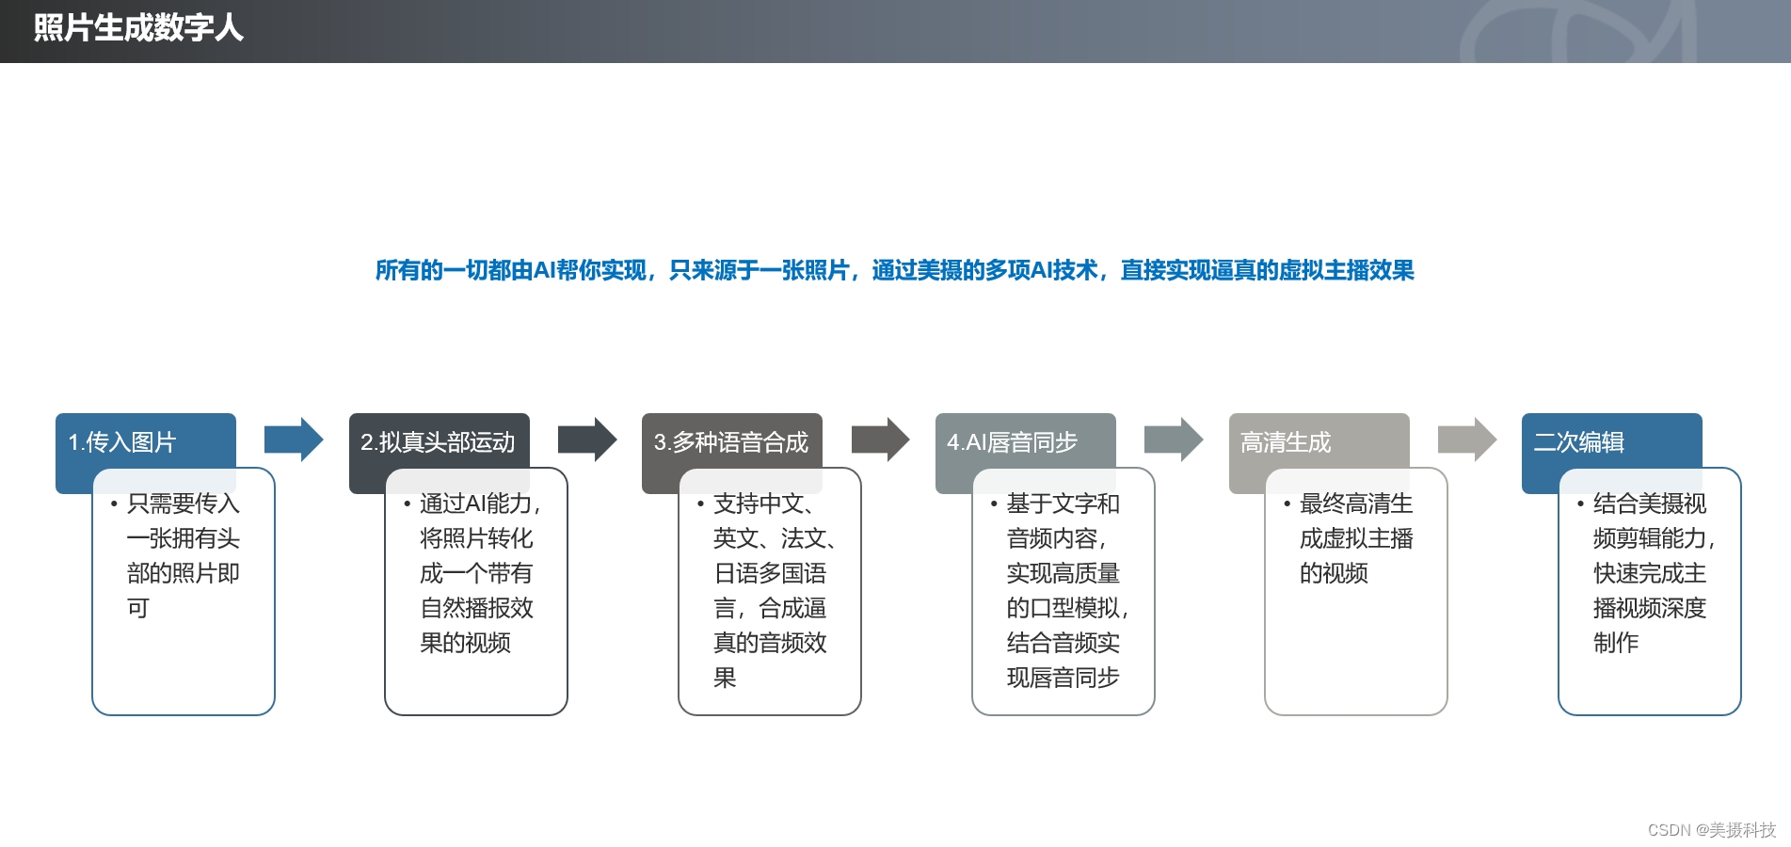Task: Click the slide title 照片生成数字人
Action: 138,28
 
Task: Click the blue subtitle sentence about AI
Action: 894,271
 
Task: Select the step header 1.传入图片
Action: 122,441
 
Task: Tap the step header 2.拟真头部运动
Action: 438,441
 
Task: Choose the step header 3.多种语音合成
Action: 730,441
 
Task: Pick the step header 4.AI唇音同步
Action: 1012,441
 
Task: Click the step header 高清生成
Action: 1286,441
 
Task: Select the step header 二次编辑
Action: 1579,441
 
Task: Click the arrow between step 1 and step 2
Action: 294,439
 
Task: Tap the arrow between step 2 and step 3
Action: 587,439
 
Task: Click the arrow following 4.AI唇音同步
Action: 1174,439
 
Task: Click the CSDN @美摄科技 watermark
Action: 1711,830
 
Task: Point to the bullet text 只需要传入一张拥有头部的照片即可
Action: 183,555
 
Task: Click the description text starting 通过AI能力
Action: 476,573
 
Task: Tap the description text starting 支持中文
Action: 770,590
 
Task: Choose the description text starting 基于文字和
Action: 1063,590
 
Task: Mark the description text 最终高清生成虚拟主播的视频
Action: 1355,538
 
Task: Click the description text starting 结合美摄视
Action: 1649,573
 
